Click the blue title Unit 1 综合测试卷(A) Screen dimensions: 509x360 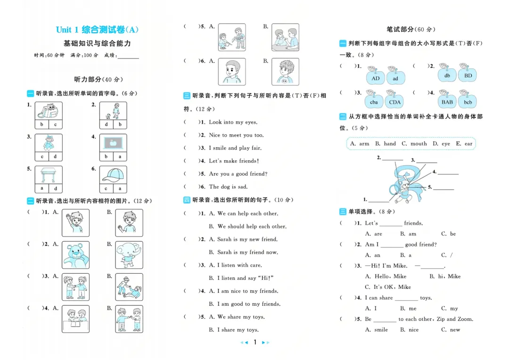pyautogui.click(x=97, y=30)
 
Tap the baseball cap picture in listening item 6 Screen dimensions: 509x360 pyautogui.click(x=113, y=175)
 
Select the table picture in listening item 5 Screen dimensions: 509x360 pyautogui.click(x=49, y=175)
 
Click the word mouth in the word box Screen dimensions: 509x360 pyautogui.click(x=414, y=143)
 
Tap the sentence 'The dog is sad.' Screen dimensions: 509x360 pyautogui.click(x=228, y=187)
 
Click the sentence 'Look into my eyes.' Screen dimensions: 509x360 pyautogui.click(x=233, y=122)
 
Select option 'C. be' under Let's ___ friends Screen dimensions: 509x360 pyautogui.click(x=448, y=234)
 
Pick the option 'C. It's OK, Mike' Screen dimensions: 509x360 pyautogui.click(x=388, y=287)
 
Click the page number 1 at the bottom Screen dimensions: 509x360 pyautogui.click(x=255, y=342)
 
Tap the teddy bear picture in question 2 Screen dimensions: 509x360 pyautogui.click(x=75, y=255)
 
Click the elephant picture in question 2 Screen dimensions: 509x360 pyautogui.click(x=129, y=255)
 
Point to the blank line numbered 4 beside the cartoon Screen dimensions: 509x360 pyautogui.click(x=448, y=174)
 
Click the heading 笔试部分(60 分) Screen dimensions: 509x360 pyautogui.click(x=410, y=29)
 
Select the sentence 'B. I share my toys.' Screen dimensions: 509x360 pyautogui.click(x=234, y=330)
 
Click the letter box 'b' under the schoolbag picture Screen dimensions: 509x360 pyautogui.click(x=41, y=124)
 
